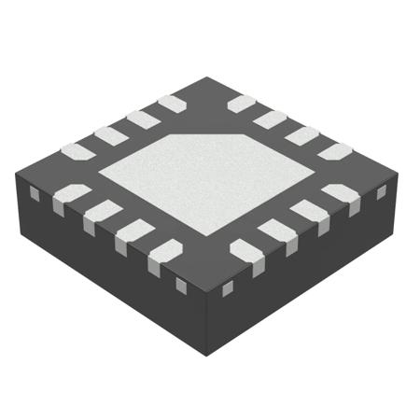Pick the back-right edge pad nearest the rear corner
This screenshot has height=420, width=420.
(242, 103)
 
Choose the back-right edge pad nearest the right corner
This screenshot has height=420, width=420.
(334, 149)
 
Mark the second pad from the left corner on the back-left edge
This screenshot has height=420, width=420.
(110, 135)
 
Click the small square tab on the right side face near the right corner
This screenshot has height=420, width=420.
(381, 192)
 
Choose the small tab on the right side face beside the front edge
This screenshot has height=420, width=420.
(227, 287)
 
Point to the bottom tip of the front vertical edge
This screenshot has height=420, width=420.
(206, 347)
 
